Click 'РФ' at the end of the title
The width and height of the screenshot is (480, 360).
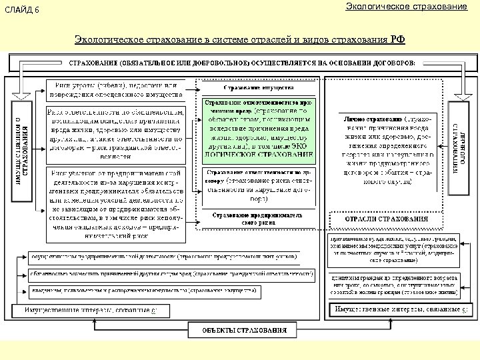point(397,39)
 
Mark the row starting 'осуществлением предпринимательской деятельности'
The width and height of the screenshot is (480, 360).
point(167,257)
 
